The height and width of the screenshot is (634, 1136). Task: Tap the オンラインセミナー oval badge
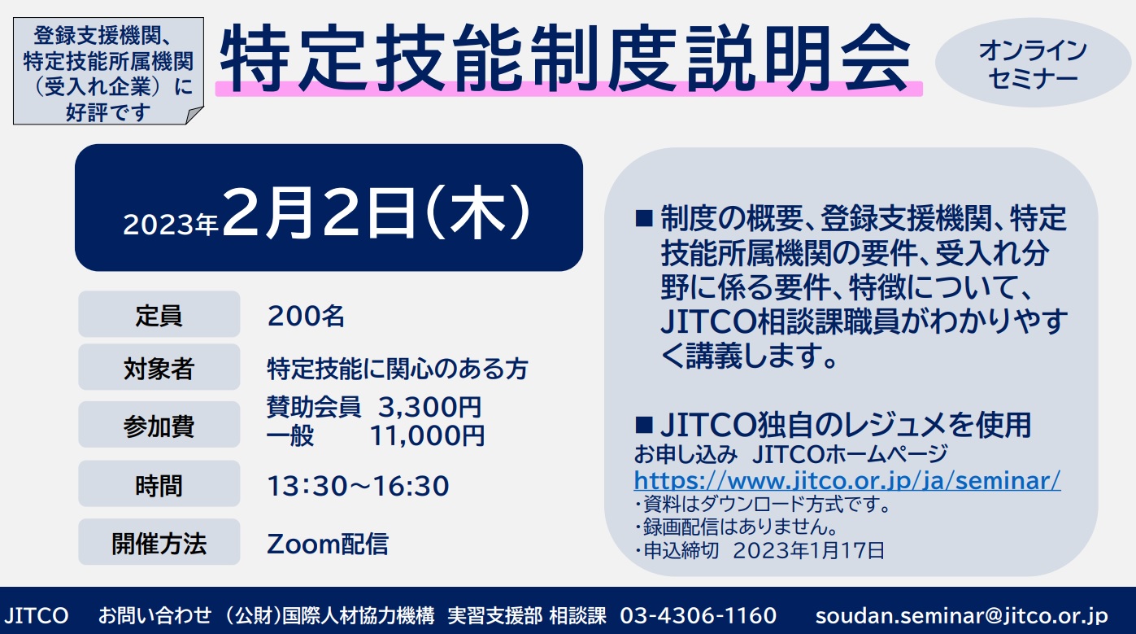(x=1033, y=63)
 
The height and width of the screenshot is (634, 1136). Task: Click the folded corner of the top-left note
(x=194, y=116)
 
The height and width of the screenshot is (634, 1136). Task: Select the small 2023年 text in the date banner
(x=171, y=225)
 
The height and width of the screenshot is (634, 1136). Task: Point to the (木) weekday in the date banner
(x=479, y=212)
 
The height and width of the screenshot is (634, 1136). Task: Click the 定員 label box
(x=159, y=314)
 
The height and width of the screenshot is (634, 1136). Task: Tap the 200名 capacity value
(x=306, y=316)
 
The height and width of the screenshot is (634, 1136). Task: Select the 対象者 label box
(x=159, y=367)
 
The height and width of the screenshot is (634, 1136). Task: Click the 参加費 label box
(x=159, y=424)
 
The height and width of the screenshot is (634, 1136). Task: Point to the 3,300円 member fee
(x=429, y=407)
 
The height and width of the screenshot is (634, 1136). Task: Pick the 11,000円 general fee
(x=427, y=435)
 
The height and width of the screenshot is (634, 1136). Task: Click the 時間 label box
(x=159, y=483)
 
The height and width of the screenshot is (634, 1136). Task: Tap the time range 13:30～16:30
(x=358, y=486)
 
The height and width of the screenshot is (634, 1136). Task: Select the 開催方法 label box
(x=159, y=541)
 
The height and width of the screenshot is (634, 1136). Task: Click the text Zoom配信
(x=328, y=544)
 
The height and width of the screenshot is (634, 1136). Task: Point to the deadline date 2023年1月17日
(x=808, y=550)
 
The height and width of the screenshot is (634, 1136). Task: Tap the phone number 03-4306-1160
(x=698, y=615)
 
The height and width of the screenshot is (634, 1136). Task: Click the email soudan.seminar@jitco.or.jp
(x=961, y=616)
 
